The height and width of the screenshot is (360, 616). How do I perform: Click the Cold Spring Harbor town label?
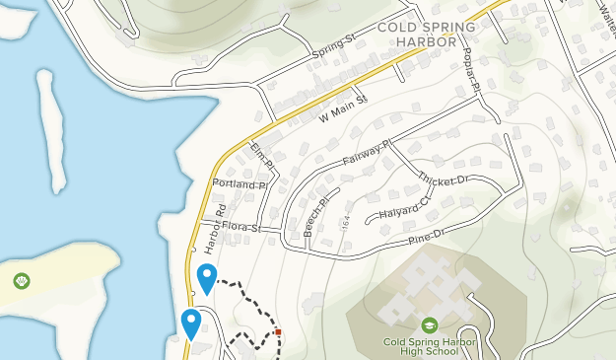[x=417, y=35]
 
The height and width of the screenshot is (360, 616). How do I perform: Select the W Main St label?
[x=342, y=103]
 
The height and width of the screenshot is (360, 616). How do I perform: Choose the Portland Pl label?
[x=239, y=184]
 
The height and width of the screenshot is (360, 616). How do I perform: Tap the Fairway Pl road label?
[x=368, y=152]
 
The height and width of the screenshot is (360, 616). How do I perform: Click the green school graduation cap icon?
[x=429, y=324]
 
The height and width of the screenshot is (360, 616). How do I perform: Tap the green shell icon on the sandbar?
[x=22, y=282]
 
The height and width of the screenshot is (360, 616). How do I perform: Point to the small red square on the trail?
[x=279, y=331]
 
